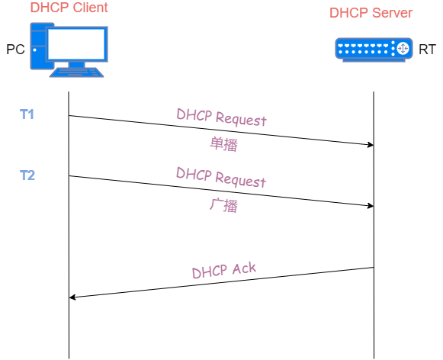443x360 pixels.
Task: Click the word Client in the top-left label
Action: click(90, 8)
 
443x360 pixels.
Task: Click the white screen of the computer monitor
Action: click(76, 43)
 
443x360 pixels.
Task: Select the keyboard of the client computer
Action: click(76, 72)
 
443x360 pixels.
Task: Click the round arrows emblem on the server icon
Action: click(403, 49)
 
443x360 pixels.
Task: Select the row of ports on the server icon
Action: click(364, 49)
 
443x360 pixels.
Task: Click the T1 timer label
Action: click(27, 114)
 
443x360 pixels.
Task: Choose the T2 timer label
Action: click(27, 175)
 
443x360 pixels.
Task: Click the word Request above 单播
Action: click(240, 119)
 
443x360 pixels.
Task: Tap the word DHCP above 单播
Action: click(194, 115)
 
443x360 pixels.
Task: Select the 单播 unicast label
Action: click(223, 144)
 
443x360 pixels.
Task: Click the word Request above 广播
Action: click(240, 180)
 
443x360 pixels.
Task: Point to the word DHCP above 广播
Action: click(194, 174)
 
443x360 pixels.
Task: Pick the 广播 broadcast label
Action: click(223, 205)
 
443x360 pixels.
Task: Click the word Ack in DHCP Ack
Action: click(243, 268)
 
